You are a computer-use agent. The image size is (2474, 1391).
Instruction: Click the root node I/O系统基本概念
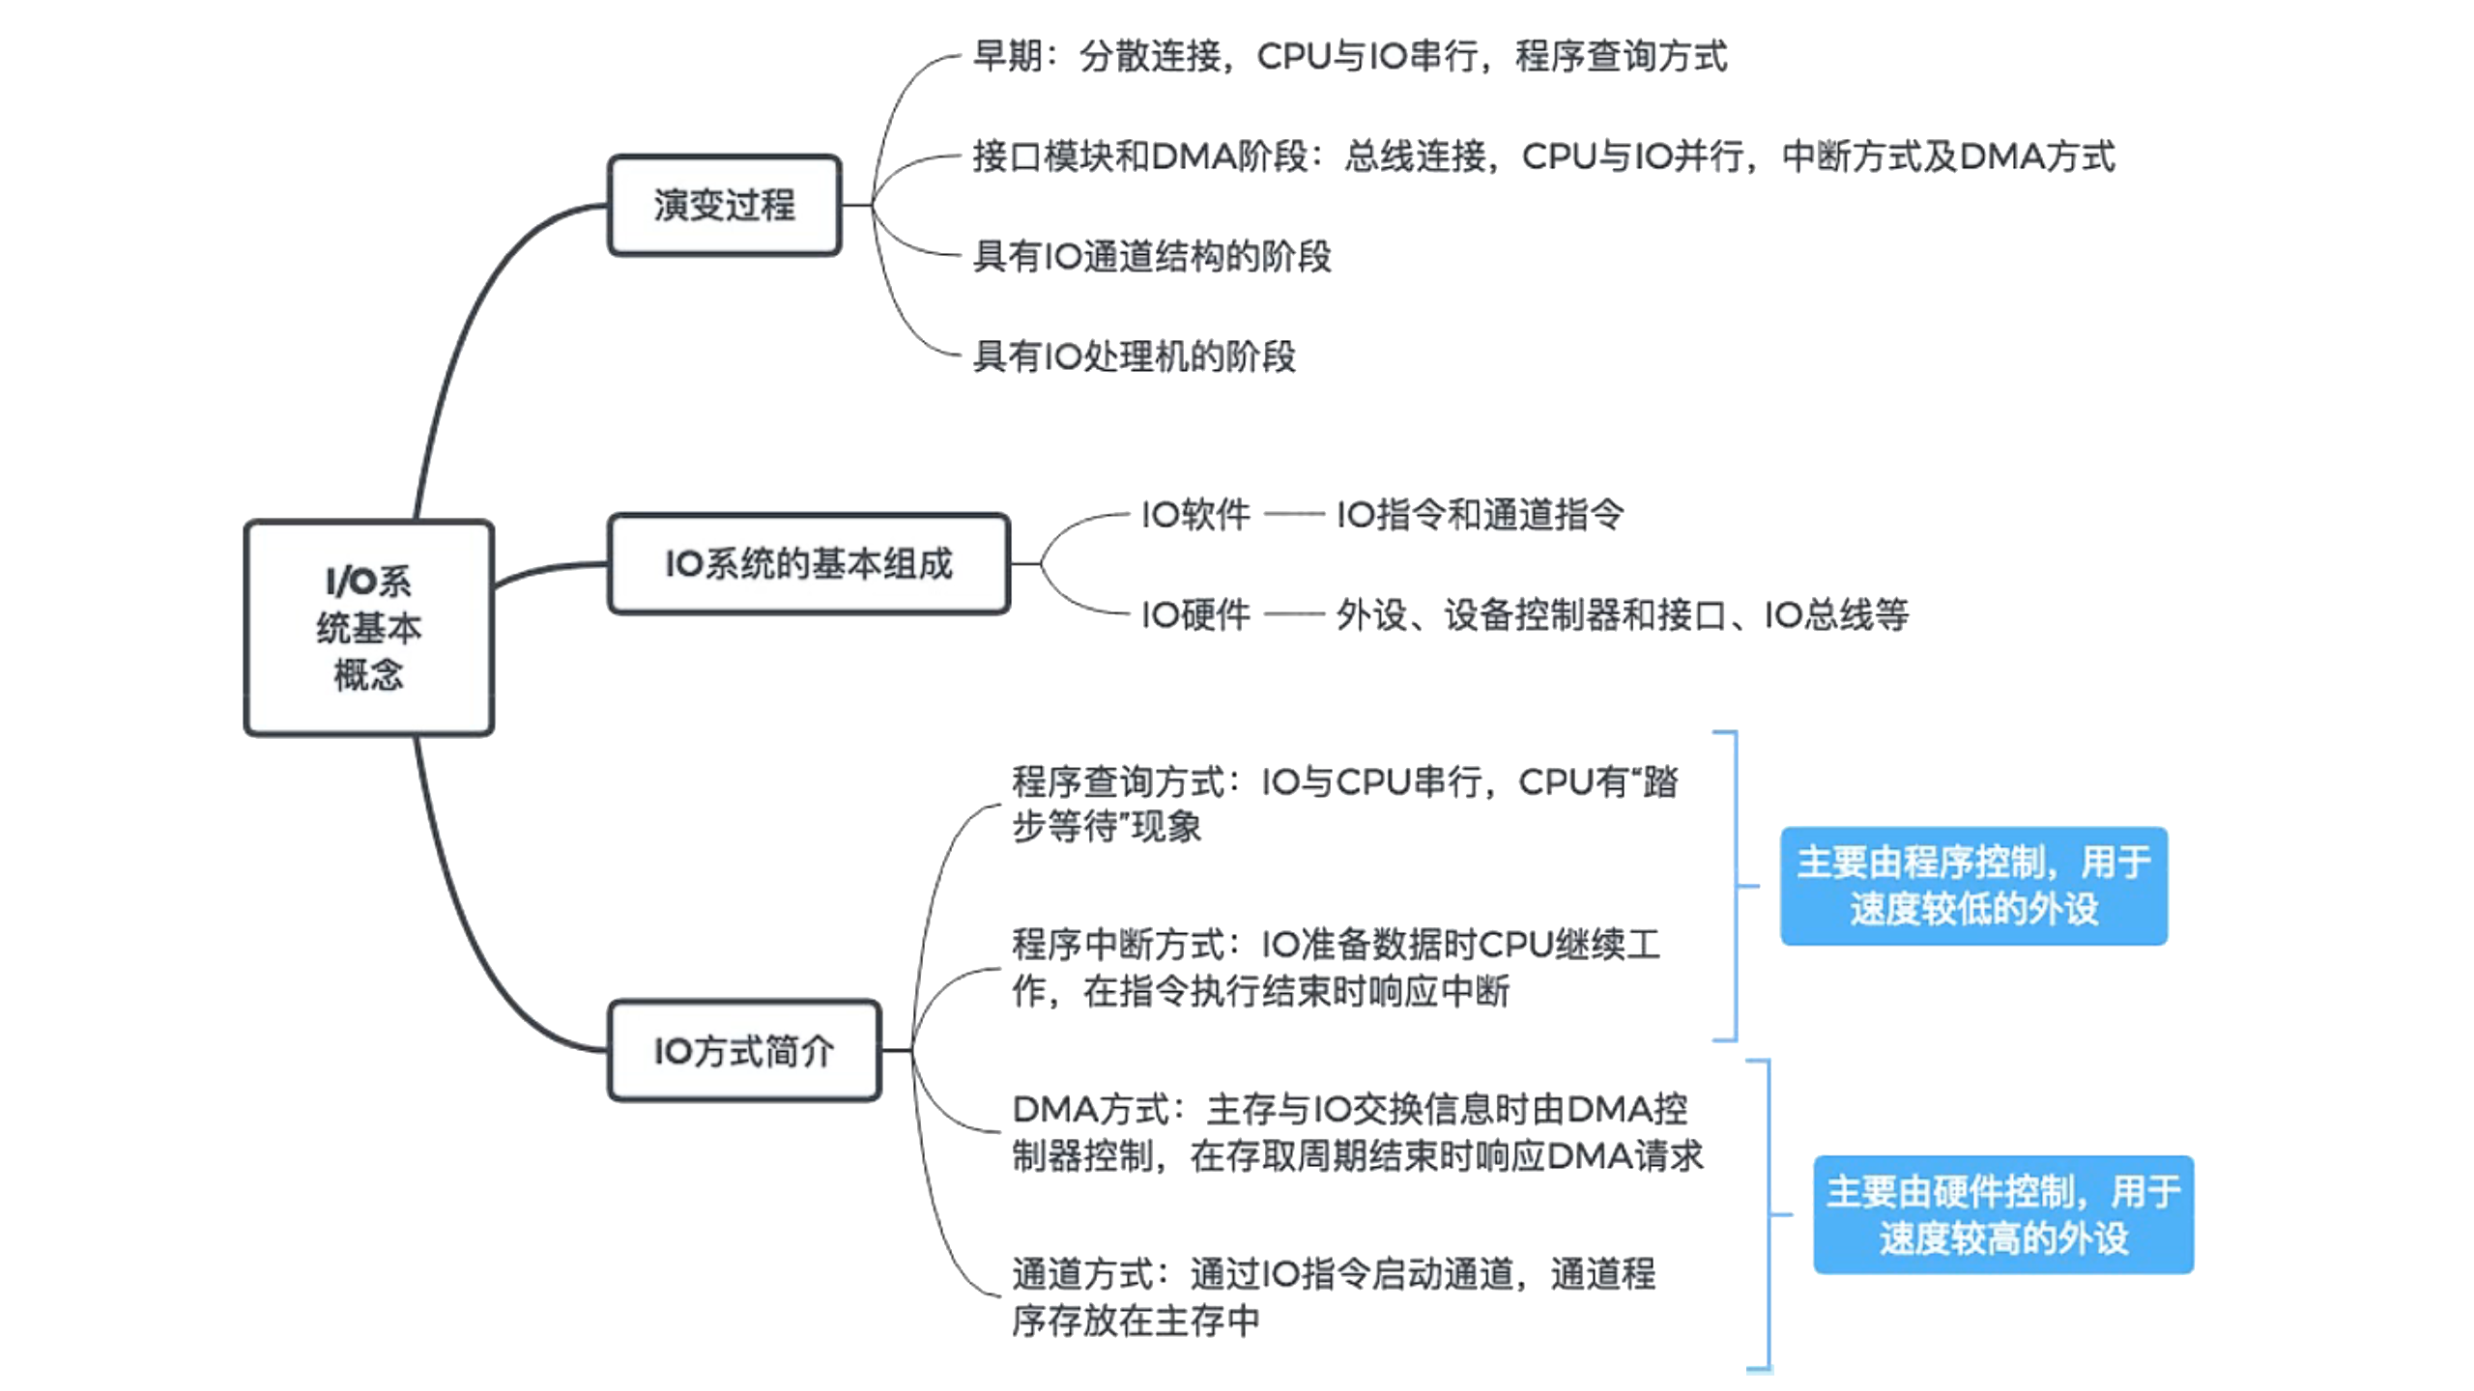point(368,628)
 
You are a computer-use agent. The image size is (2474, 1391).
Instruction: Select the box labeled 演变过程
point(724,205)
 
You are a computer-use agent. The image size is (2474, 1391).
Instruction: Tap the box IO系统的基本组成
point(809,564)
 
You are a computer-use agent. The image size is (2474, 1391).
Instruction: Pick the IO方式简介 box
point(744,1051)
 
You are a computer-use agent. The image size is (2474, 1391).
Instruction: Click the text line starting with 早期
point(1349,56)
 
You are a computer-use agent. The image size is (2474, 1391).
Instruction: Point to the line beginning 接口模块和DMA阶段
point(1543,156)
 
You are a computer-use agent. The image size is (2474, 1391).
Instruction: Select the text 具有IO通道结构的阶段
point(1151,256)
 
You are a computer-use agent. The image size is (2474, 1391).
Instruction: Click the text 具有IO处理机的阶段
point(1134,356)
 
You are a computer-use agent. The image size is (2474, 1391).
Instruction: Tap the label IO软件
point(1195,515)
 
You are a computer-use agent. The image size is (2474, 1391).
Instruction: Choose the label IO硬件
point(1195,614)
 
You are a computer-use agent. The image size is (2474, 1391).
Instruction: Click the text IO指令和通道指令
point(1480,515)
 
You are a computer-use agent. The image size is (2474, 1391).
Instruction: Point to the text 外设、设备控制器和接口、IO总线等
point(1622,614)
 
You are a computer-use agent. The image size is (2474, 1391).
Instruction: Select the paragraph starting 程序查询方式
point(1344,804)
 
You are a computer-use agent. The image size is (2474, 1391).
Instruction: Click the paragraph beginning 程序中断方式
point(1336,967)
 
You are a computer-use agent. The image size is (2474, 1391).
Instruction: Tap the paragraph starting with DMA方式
point(1357,1132)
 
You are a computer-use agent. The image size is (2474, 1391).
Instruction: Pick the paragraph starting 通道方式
point(1334,1296)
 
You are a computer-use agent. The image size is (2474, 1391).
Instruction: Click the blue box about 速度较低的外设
point(1973,886)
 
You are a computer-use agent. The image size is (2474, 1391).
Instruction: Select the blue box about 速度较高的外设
point(2002,1214)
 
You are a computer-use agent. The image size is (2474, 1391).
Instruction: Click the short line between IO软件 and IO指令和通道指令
point(1293,515)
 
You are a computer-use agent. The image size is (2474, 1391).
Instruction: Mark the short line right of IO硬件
point(1293,614)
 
